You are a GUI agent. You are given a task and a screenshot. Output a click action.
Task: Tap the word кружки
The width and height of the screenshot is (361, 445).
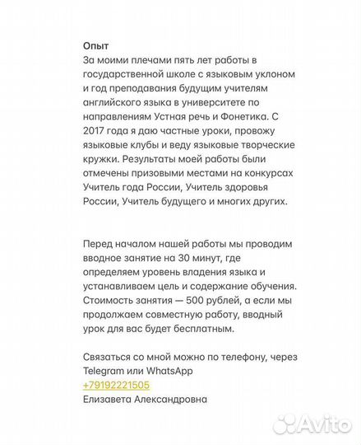(x=103, y=157)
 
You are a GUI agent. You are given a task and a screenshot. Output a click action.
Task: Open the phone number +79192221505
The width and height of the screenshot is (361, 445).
(x=116, y=385)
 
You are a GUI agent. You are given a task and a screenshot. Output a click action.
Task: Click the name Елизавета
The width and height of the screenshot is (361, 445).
(x=113, y=399)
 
